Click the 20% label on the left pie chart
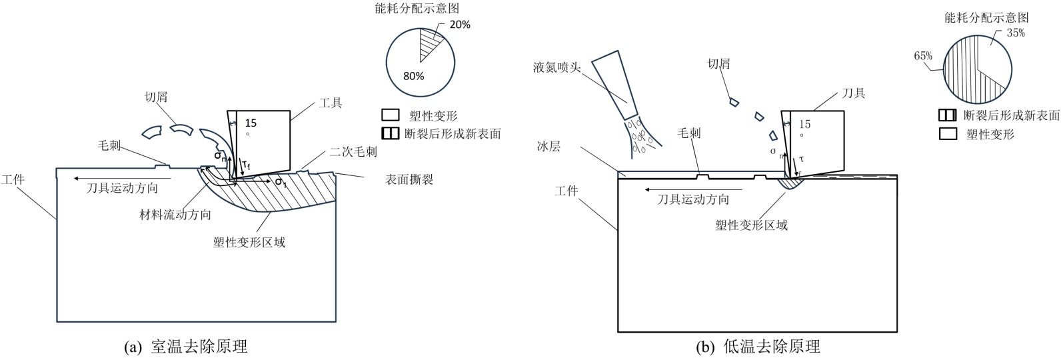pyautogui.click(x=460, y=25)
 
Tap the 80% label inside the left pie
pyautogui.click(x=413, y=76)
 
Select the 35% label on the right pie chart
pyautogui.click(x=1016, y=33)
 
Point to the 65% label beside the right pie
pyautogui.click(x=923, y=56)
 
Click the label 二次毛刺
pyautogui.click(x=353, y=152)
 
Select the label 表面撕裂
pyautogui.click(x=409, y=179)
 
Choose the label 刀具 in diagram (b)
pyautogui.click(x=854, y=93)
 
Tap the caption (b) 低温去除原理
pyautogui.click(x=757, y=347)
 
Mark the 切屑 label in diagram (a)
pyautogui.click(x=156, y=97)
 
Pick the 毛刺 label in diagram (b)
pyautogui.click(x=689, y=133)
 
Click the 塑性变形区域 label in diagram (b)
pyautogui.click(x=752, y=225)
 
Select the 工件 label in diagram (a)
pyautogui.click(x=13, y=179)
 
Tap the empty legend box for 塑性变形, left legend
pyautogui.click(x=391, y=115)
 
